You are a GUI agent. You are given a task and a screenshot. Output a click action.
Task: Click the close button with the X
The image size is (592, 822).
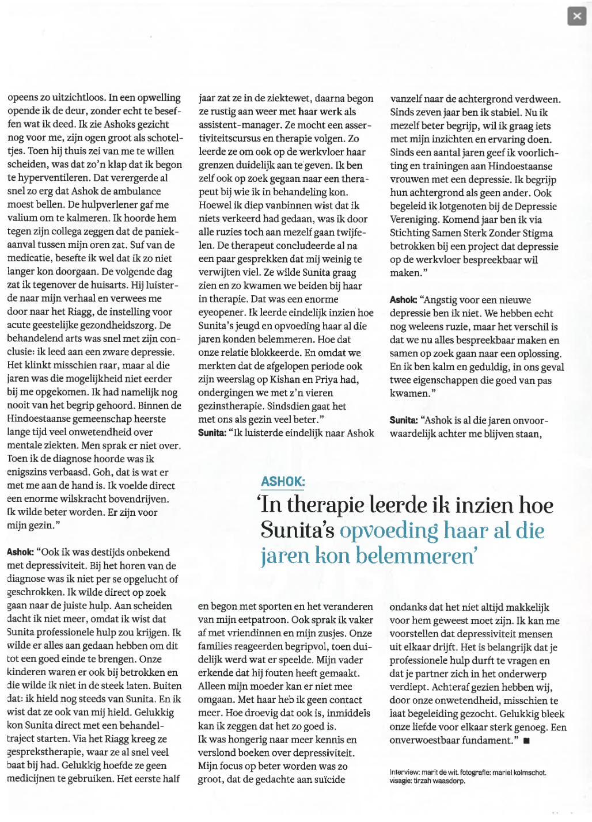point(576,16)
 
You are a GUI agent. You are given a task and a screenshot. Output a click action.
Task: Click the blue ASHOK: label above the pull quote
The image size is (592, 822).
point(283,482)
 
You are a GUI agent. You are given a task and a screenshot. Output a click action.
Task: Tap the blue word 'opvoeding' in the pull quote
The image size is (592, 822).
point(389,530)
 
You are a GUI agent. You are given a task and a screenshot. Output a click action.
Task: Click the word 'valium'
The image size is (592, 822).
point(21,218)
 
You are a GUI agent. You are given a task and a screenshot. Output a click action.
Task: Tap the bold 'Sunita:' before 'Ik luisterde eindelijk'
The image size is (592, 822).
point(212,433)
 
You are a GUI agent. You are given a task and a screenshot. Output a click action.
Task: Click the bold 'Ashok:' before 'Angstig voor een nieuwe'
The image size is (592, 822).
point(403,300)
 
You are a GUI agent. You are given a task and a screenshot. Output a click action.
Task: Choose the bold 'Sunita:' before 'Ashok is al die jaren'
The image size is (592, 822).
point(404,420)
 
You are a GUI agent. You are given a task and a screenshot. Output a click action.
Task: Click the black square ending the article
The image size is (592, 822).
point(526,741)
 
